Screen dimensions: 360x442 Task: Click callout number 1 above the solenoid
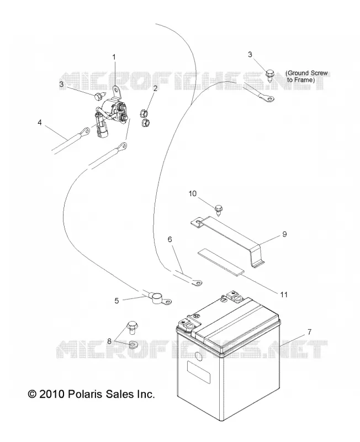pyautogui.click(x=114, y=57)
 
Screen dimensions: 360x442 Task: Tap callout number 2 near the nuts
pyautogui.click(x=155, y=88)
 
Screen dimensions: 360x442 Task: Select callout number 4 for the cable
pyautogui.click(x=40, y=122)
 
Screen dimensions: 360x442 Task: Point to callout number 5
pyautogui.click(x=117, y=301)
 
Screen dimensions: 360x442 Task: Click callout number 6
pyautogui.click(x=170, y=239)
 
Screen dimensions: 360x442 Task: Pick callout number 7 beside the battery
pyautogui.click(x=309, y=332)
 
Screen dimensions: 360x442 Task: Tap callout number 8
pyautogui.click(x=109, y=341)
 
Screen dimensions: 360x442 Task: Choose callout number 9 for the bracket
pyautogui.click(x=284, y=234)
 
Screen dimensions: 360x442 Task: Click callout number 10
pyautogui.click(x=193, y=194)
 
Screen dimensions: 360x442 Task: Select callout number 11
pyautogui.click(x=284, y=294)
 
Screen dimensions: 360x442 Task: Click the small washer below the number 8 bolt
pyautogui.click(x=133, y=344)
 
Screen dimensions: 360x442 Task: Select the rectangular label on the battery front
pyautogui.click(x=199, y=372)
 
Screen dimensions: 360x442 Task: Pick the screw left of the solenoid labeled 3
pyautogui.click(x=99, y=96)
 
